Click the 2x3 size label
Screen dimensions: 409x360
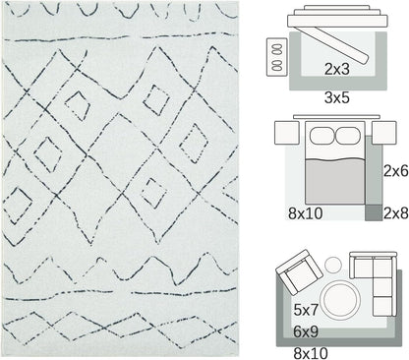point(337,69)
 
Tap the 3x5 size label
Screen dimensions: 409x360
point(337,97)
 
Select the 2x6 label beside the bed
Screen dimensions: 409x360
point(396,171)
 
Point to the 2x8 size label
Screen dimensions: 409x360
point(396,213)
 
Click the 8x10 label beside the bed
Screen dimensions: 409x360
point(306,213)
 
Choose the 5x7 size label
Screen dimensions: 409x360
point(306,310)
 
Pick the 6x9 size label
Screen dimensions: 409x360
point(306,332)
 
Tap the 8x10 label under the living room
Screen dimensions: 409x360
point(311,353)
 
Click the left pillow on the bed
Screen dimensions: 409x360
point(321,136)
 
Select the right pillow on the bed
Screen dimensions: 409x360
point(348,136)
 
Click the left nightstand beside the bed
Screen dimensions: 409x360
point(287,133)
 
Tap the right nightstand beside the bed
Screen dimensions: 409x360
point(384,133)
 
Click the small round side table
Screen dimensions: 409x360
point(333,265)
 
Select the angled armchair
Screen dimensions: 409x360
point(299,272)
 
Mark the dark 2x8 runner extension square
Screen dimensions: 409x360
point(374,212)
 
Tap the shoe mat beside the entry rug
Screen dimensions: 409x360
point(277,57)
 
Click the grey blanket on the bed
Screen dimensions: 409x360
point(335,181)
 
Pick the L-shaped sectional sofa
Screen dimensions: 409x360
point(374,283)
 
